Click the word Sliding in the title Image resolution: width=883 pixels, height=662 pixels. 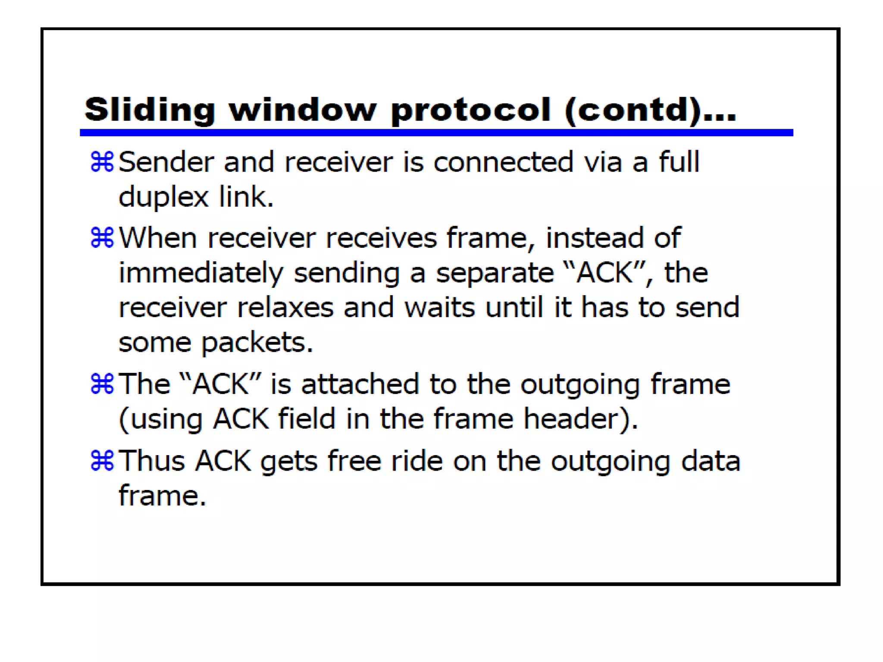pyautogui.click(x=150, y=110)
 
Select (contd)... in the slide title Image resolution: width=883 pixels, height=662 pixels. pyautogui.click(x=650, y=110)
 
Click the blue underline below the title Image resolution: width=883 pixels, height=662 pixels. pyautogui.click(x=436, y=133)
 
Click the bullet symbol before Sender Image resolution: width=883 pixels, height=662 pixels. pyautogui.click(x=102, y=162)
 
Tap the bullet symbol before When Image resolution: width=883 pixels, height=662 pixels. pyautogui.click(x=102, y=238)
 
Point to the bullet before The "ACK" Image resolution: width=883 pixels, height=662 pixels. pyautogui.click(x=102, y=384)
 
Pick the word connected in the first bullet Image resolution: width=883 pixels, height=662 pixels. pyautogui.click(x=503, y=162)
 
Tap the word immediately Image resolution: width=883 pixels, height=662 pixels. pyautogui.click(x=201, y=274)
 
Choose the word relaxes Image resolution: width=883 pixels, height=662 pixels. pyautogui.click(x=285, y=308)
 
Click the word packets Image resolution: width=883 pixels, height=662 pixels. pyautogui.click(x=257, y=343)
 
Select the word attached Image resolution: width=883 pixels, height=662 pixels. pyautogui.click(x=360, y=384)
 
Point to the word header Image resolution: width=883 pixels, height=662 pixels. pyautogui.click(x=580, y=419)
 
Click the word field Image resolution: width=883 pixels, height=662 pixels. pyautogui.click(x=307, y=418)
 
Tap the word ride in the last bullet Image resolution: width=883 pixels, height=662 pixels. pyautogui.click(x=416, y=461)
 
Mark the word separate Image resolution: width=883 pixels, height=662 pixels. pyautogui.click(x=495, y=274)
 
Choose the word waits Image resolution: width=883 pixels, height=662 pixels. pyautogui.click(x=439, y=308)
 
